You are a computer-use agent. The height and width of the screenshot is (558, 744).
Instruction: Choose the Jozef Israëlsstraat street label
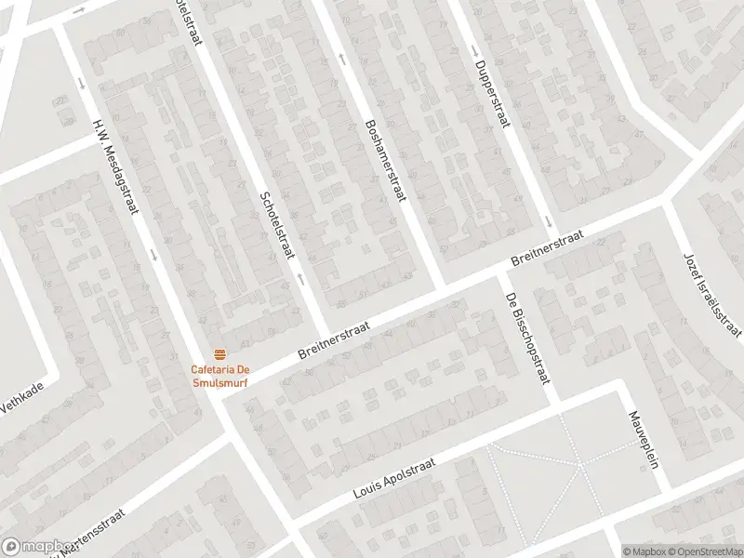[x=712, y=294]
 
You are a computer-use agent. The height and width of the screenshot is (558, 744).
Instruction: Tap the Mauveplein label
[x=643, y=440]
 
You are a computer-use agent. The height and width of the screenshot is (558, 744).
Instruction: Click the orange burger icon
[x=220, y=354]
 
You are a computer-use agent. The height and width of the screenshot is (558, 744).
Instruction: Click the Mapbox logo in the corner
[x=37, y=547]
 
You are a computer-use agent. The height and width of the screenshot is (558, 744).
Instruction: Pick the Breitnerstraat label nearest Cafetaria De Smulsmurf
[x=335, y=342]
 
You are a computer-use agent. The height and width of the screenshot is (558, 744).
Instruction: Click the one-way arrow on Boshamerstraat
[x=343, y=59]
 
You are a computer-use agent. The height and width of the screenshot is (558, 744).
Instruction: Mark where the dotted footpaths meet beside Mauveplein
[x=579, y=464]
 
